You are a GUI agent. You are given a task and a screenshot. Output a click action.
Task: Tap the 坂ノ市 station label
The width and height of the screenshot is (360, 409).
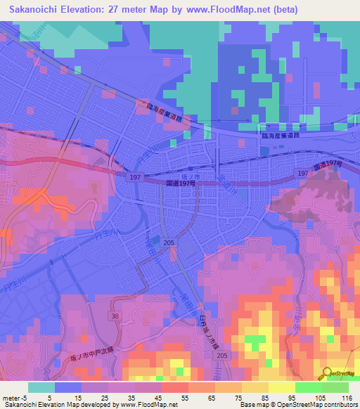coord(172,176)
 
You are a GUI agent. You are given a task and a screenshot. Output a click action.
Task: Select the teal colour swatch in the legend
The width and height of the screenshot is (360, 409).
coord(41,387)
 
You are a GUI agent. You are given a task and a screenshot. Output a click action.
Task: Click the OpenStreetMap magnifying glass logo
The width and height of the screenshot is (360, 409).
coord(327,374)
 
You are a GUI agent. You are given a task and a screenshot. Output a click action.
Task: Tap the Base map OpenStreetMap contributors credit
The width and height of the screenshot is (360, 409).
coord(300,405)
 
